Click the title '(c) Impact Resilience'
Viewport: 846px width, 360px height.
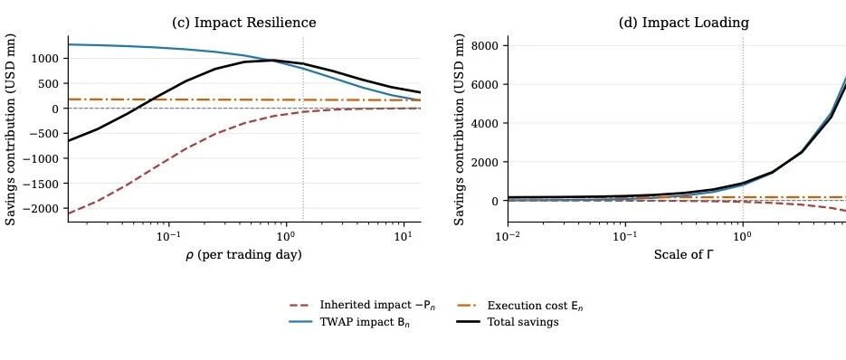click(x=244, y=23)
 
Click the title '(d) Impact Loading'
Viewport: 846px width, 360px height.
click(x=684, y=23)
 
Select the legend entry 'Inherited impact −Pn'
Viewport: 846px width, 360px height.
click(x=363, y=306)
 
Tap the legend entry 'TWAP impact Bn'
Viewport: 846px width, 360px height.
click(x=355, y=322)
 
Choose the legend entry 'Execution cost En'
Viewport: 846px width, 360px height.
click(x=520, y=306)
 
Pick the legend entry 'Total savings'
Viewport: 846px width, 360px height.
click(x=509, y=322)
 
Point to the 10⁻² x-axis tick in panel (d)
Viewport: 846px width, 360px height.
click(x=509, y=235)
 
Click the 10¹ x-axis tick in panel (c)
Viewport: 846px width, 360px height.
click(x=403, y=235)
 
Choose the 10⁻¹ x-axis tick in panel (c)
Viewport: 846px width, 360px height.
click(x=168, y=235)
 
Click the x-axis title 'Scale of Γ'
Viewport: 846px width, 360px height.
click(x=684, y=254)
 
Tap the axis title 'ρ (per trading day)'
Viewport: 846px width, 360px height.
click(x=244, y=255)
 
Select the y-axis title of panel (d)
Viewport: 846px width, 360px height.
click(x=460, y=129)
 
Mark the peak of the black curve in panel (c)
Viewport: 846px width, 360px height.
click(x=271, y=60)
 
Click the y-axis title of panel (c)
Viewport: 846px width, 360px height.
click(x=11, y=129)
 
